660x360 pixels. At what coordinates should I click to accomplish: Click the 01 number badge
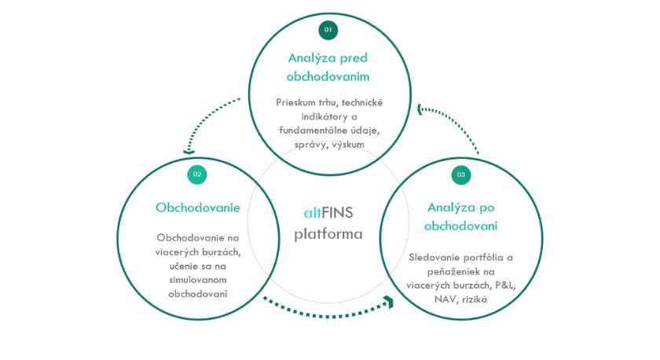(328, 30)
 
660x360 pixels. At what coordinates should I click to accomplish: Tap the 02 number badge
(197, 174)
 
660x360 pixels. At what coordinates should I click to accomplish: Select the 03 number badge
(461, 174)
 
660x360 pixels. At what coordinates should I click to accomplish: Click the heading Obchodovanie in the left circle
(197, 208)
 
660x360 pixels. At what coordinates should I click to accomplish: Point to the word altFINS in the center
(328, 212)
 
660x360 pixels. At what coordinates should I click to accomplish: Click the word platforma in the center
(328, 233)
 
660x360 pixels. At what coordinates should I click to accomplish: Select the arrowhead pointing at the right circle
(387, 299)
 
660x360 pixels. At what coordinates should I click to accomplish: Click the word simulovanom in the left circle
(197, 280)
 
